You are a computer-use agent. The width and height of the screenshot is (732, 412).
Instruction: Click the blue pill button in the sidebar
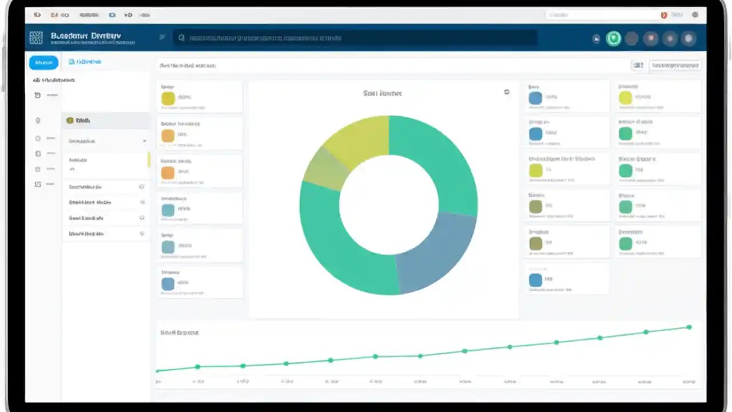[x=43, y=62]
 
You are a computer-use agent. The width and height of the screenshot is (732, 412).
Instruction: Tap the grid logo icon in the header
[x=36, y=38]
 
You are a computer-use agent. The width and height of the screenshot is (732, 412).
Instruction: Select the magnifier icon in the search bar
[x=181, y=38]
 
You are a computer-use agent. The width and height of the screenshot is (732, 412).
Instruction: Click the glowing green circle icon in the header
[x=614, y=38]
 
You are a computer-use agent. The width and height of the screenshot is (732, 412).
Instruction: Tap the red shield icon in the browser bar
[x=664, y=15]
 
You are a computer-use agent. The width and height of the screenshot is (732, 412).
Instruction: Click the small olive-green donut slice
[x=325, y=169]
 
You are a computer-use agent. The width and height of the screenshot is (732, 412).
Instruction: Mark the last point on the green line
[x=689, y=327]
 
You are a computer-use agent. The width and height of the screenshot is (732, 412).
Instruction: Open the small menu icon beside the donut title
[x=507, y=92]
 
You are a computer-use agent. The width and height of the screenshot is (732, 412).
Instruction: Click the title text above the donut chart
[x=382, y=93]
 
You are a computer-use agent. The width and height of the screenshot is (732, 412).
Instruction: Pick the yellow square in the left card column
[x=168, y=98]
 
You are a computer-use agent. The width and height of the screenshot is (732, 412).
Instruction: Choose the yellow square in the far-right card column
[x=626, y=98]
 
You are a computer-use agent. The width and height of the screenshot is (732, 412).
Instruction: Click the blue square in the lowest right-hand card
[x=536, y=280]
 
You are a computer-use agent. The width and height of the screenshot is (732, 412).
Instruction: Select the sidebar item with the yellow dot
[x=80, y=121]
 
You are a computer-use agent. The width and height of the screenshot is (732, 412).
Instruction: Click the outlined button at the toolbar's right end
[x=675, y=65]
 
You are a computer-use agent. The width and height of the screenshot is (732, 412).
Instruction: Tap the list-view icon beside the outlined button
[x=638, y=65]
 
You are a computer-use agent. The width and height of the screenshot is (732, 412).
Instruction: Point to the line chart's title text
[x=180, y=332]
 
